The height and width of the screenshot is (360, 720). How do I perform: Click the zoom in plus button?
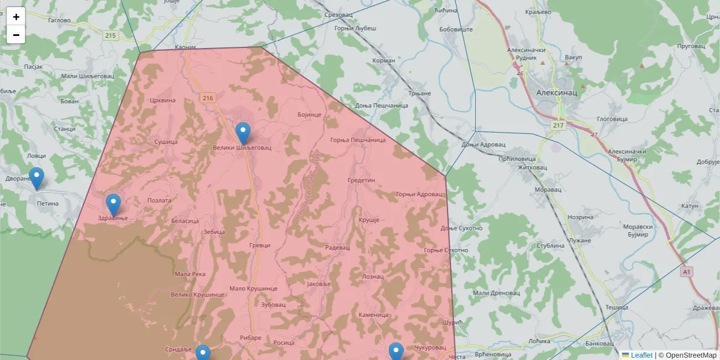16,17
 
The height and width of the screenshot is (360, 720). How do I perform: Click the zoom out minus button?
16,35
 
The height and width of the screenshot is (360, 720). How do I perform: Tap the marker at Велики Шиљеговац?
242,133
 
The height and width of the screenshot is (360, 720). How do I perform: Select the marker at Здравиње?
113,205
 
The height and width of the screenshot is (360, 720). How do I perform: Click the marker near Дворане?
37,178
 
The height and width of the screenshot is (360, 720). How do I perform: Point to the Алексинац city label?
556,93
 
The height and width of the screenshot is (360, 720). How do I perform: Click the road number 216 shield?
208,98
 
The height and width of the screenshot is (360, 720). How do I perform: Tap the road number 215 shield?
110,35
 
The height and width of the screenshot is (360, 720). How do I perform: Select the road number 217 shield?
559,125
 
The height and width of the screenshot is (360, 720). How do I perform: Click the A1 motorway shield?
687,272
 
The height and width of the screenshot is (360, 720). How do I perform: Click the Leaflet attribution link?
641,355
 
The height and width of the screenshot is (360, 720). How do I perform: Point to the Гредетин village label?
361,180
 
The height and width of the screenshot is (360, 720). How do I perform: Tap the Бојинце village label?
310,114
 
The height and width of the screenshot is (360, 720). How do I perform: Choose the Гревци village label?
260,245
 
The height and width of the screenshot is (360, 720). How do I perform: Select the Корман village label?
383,61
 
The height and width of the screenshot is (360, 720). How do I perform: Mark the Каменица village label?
374,314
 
